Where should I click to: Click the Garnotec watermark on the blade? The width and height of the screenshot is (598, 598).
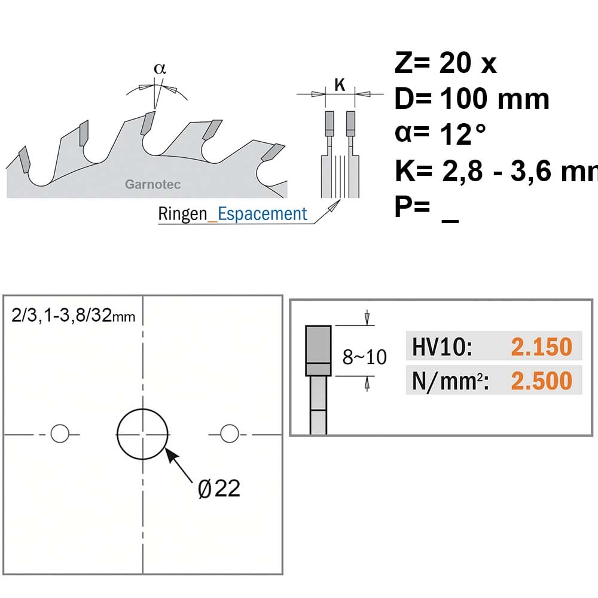pos(152,184)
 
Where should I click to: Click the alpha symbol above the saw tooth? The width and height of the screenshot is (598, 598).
pos(160,69)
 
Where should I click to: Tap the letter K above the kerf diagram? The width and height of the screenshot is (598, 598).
pos(340,85)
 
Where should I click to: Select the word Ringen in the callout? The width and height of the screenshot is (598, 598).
pos(182,213)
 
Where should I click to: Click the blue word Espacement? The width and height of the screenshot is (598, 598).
pos(263,213)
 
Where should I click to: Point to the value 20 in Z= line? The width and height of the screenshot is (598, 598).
pos(455,63)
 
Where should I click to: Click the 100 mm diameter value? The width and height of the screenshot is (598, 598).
pos(495,99)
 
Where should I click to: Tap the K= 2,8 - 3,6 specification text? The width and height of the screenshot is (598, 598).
pos(496,171)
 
